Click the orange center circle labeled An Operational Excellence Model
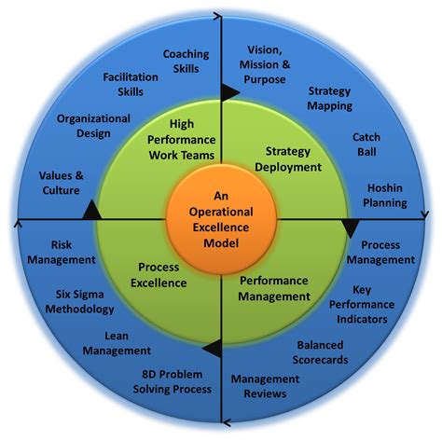[x=220, y=220]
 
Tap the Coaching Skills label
[x=186, y=62]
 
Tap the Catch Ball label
[x=366, y=145]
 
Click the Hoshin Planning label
[x=386, y=194]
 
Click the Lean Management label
[x=117, y=343]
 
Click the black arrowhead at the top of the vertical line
[x=228, y=91]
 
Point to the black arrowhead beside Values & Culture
[x=90, y=211]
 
